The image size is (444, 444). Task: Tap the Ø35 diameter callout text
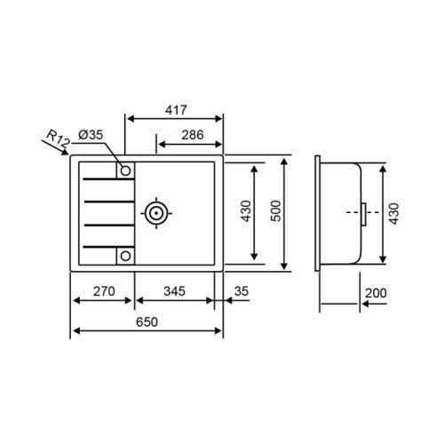(x=91, y=134)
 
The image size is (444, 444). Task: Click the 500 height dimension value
(x=275, y=211)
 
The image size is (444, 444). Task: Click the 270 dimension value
(x=104, y=290)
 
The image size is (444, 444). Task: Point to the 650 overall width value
(x=148, y=322)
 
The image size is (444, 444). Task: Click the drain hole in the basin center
(x=156, y=212)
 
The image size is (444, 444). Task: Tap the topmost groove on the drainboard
(x=107, y=180)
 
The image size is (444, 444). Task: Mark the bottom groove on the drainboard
(x=107, y=246)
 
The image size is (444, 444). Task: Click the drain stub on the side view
(x=363, y=212)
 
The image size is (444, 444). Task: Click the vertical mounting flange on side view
(x=318, y=213)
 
